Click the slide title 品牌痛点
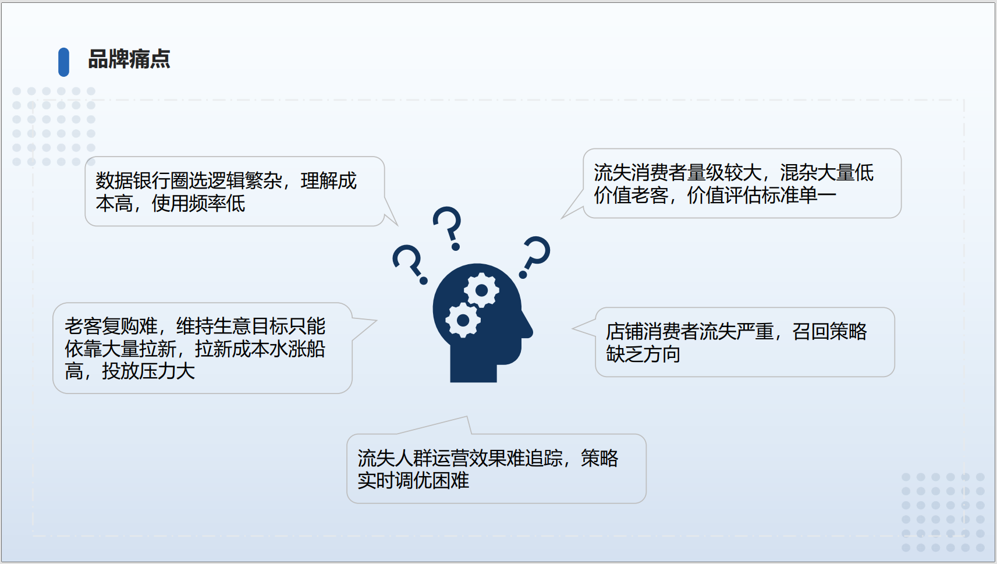coord(129,59)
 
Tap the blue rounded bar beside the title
coord(63,62)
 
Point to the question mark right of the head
coord(536,257)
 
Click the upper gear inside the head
coord(481,290)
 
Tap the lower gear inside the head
coord(463,320)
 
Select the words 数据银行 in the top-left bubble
coord(133,181)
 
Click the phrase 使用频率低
coord(198,204)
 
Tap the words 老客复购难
coord(111,327)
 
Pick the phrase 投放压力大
coord(148,371)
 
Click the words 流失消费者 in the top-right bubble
coord(640,173)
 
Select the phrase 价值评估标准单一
coord(761,196)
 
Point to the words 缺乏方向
coord(643,354)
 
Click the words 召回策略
coord(829,332)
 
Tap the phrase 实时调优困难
coord(413,481)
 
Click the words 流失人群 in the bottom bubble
coord(395,459)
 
